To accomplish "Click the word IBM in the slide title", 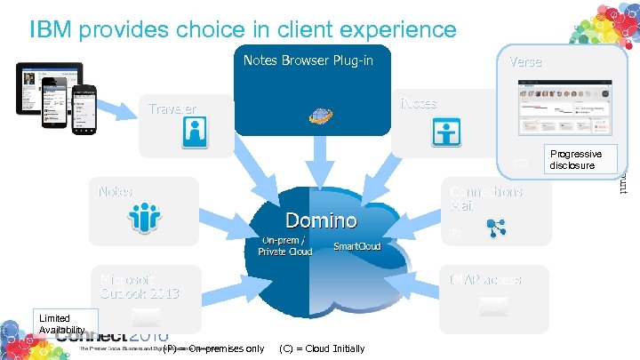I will (x=51, y=30).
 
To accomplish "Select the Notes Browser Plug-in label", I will (x=308, y=60).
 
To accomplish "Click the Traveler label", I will (x=172, y=108).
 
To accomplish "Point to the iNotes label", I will (x=419, y=103).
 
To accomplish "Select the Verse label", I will (x=524, y=61).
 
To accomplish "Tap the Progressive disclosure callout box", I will (x=575, y=159).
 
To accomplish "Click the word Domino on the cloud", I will (x=320, y=220).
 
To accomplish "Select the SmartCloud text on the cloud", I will (x=356, y=245).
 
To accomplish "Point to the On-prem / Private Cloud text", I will (x=284, y=245).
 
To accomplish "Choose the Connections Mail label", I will (x=485, y=198).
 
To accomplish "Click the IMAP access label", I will (x=485, y=279).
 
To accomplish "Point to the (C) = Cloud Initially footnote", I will (x=322, y=348).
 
